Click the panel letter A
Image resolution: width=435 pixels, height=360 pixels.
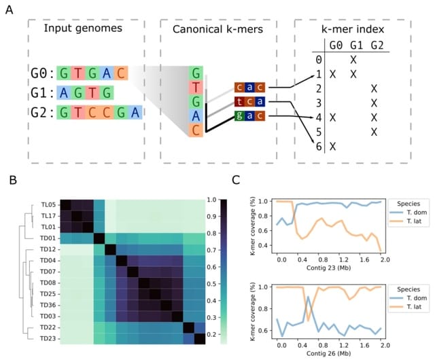click(x=10, y=12)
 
